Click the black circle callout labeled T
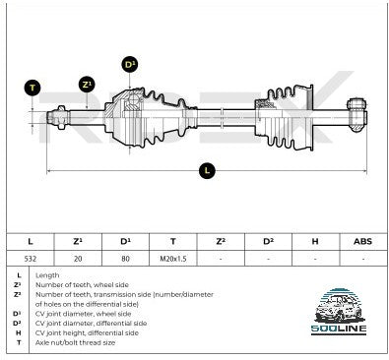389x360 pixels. [32, 88]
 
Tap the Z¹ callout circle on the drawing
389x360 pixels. [87, 85]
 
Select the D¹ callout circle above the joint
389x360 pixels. [130, 64]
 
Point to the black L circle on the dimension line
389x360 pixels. [207, 170]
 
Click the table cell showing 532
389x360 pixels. [31, 259]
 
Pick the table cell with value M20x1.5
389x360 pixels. [173, 259]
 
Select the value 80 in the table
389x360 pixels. [125, 259]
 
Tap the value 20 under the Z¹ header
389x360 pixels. [78, 259]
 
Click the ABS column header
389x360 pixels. [362, 242]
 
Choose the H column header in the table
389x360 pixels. [315, 242]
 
